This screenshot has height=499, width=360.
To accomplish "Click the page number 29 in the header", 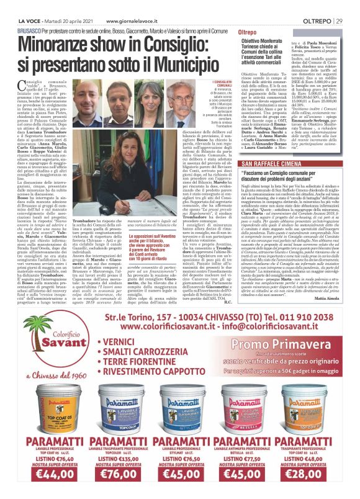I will tap(350, 5).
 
